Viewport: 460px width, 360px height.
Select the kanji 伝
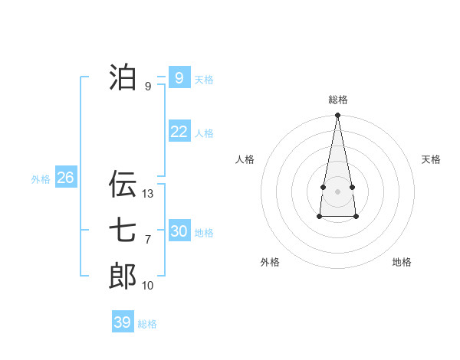123,184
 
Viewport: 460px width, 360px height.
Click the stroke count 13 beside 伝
148,194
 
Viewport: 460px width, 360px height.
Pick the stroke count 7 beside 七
148,240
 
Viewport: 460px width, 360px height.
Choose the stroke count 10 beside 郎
148,286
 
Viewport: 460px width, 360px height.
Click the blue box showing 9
179,77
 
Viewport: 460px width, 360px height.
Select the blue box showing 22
179,131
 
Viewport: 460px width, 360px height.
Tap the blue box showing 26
65,178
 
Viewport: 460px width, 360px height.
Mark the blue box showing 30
179,231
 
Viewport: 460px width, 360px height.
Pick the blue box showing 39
122,322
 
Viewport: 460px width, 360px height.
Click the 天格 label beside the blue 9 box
204,80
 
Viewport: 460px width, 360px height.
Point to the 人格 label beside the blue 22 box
204,133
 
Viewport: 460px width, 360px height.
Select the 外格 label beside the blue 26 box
41,179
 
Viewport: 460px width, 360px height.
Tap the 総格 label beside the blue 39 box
147,324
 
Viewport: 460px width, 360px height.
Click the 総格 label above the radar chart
337,100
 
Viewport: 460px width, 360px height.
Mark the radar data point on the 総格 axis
337,116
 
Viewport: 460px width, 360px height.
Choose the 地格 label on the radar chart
402,262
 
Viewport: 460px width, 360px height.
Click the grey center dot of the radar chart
337,191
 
